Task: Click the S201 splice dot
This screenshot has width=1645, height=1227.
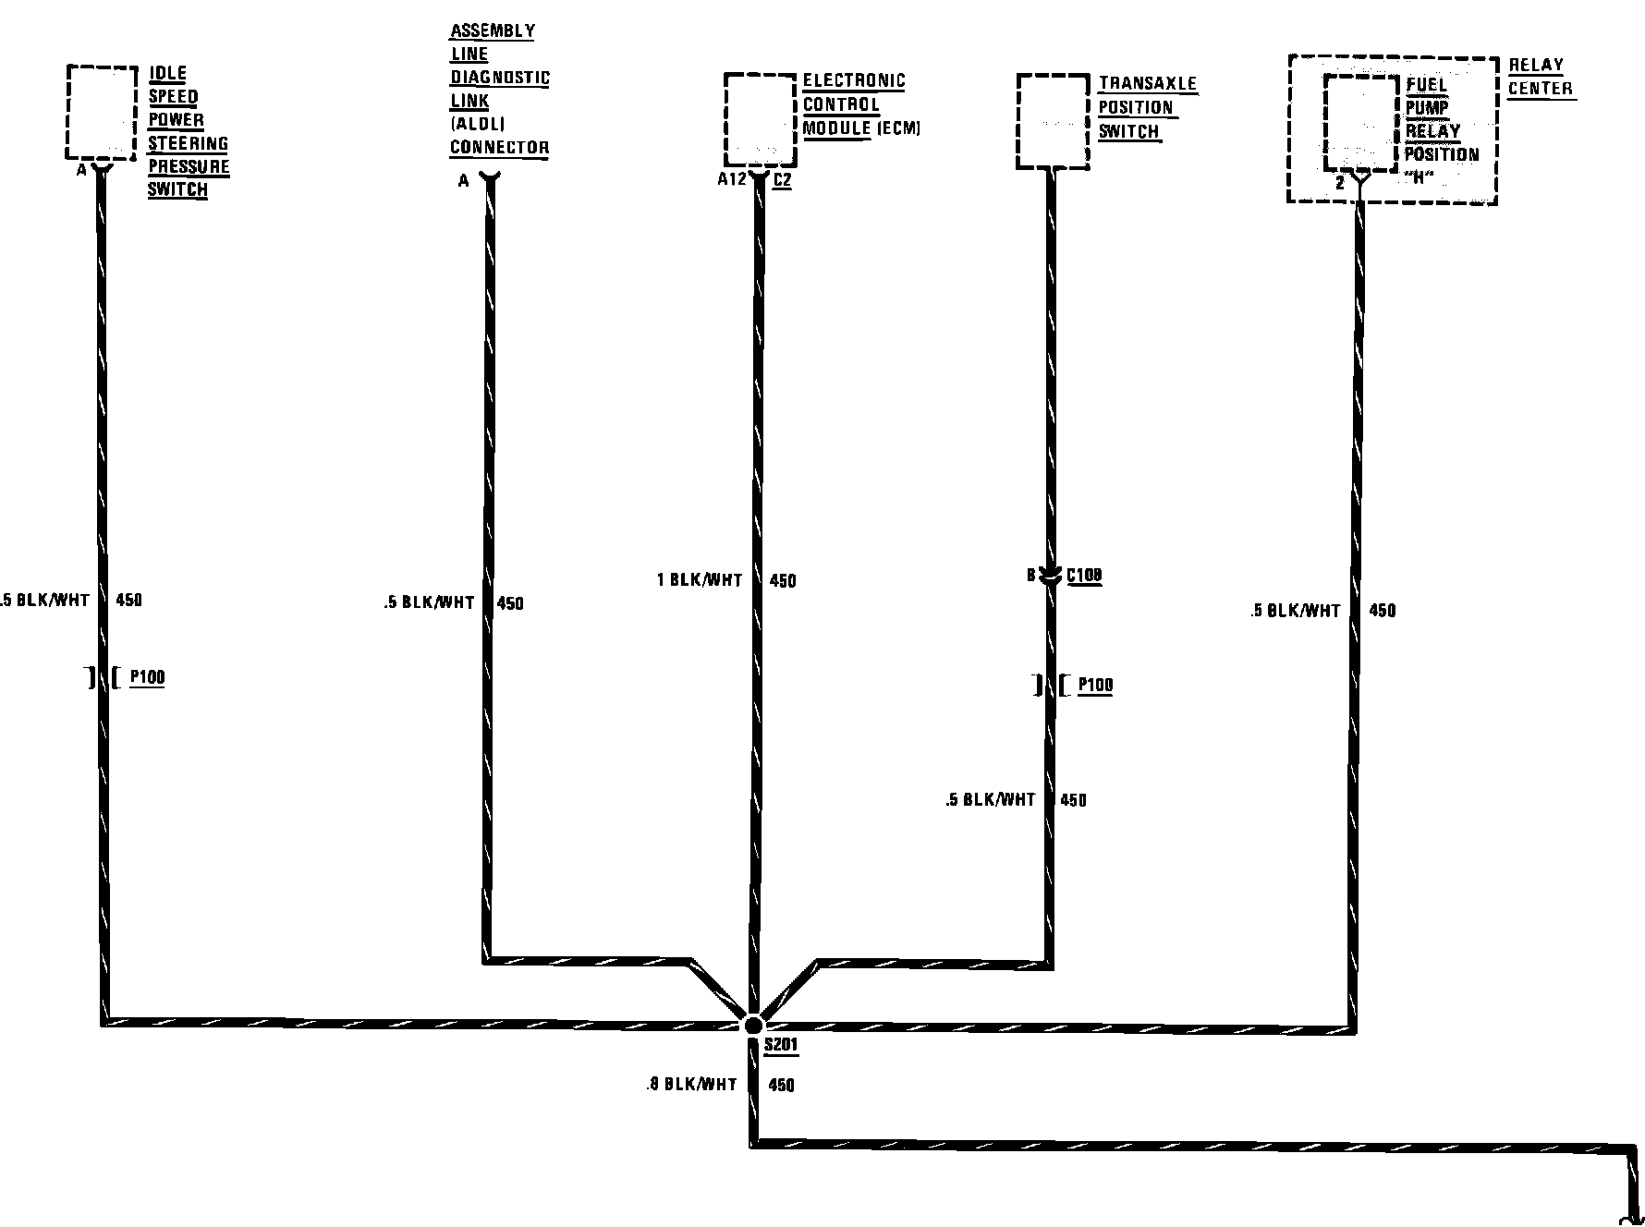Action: click(753, 1025)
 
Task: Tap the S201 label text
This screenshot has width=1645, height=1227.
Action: click(781, 1047)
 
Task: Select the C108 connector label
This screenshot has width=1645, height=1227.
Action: click(1084, 577)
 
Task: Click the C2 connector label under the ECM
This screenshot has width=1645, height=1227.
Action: click(782, 180)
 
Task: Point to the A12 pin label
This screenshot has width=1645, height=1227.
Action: click(731, 180)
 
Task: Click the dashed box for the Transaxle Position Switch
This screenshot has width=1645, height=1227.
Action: click(1053, 122)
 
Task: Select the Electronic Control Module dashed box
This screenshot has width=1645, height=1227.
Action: click(760, 120)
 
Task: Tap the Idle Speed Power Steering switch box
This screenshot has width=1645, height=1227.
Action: click(102, 112)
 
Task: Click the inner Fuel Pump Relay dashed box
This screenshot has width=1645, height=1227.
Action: click(1359, 123)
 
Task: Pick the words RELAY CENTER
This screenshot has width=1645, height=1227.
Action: click(1540, 78)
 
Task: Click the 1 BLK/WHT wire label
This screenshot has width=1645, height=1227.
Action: click(700, 580)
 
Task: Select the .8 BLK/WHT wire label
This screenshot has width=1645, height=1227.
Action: click(691, 1085)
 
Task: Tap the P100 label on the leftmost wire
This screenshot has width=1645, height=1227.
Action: click(147, 677)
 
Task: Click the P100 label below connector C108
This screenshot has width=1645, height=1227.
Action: click(1095, 686)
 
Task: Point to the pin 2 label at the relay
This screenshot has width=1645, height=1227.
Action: click(1340, 184)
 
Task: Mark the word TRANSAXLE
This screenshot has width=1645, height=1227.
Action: click(1148, 83)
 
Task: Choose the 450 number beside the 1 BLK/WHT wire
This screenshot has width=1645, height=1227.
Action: click(783, 581)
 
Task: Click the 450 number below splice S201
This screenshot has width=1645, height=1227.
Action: click(781, 1086)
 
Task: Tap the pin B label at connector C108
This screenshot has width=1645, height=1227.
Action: click(1031, 576)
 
